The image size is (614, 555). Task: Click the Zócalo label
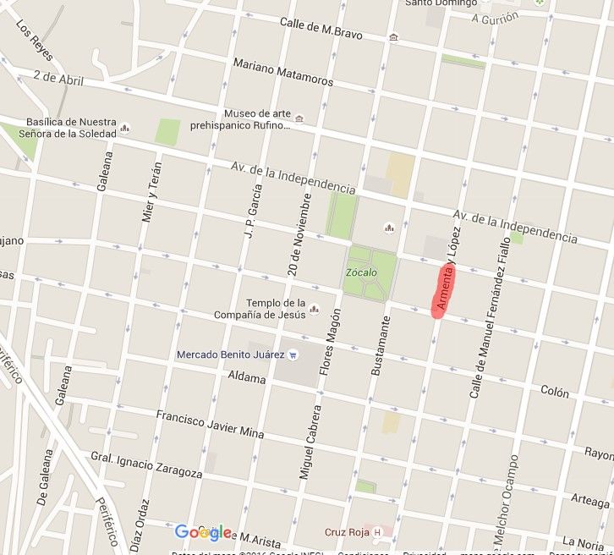[x=360, y=272]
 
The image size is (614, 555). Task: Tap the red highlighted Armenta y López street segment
[x=444, y=291]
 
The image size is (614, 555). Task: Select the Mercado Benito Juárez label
[x=228, y=354]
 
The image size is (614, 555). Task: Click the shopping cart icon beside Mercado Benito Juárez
[x=293, y=354]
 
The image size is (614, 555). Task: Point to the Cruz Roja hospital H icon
[x=377, y=532]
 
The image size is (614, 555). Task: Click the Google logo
[x=202, y=532]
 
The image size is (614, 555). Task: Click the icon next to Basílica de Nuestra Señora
[x=125, y=129]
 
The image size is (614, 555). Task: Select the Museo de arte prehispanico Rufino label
[x=257, y=120]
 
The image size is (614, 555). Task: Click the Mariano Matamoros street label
[x=271, y=70]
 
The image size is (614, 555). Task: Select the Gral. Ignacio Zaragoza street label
[x=146, y=465]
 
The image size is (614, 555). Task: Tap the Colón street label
[x=555, y=392]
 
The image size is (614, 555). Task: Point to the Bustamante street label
[x=381, y=345]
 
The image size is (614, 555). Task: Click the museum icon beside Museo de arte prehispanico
[x=299, y=118]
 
